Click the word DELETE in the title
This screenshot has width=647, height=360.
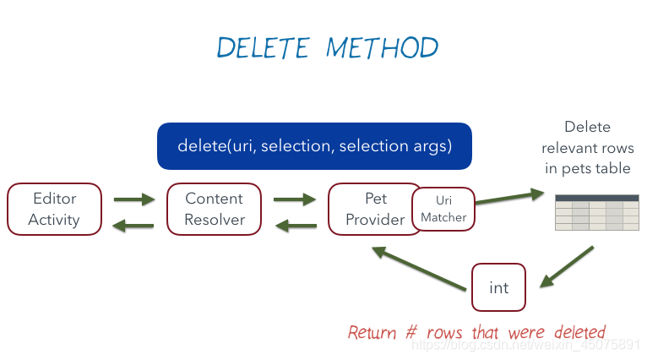(263, 47)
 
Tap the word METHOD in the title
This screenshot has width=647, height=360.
(382, 47)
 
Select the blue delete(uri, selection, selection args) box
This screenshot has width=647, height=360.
(314, 146)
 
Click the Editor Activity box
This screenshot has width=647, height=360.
(54, 210)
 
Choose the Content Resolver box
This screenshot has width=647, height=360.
(215, 210)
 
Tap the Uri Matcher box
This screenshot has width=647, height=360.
(443, 209)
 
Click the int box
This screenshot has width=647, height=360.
(499, 287)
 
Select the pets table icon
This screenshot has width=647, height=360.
(596, 212)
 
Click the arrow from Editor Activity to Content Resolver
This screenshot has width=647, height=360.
(134, 199)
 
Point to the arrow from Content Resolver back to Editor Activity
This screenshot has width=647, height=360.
(133, 226)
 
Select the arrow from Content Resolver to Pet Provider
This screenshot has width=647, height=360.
(295, 199)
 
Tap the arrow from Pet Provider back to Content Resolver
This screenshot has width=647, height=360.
(296, 226)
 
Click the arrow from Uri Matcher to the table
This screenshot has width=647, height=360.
(510, 197)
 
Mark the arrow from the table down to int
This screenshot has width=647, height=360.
(567, 267)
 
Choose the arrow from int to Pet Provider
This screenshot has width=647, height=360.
(419, 269)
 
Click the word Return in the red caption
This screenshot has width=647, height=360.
(372, 332)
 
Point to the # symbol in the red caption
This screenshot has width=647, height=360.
(411, 332)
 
